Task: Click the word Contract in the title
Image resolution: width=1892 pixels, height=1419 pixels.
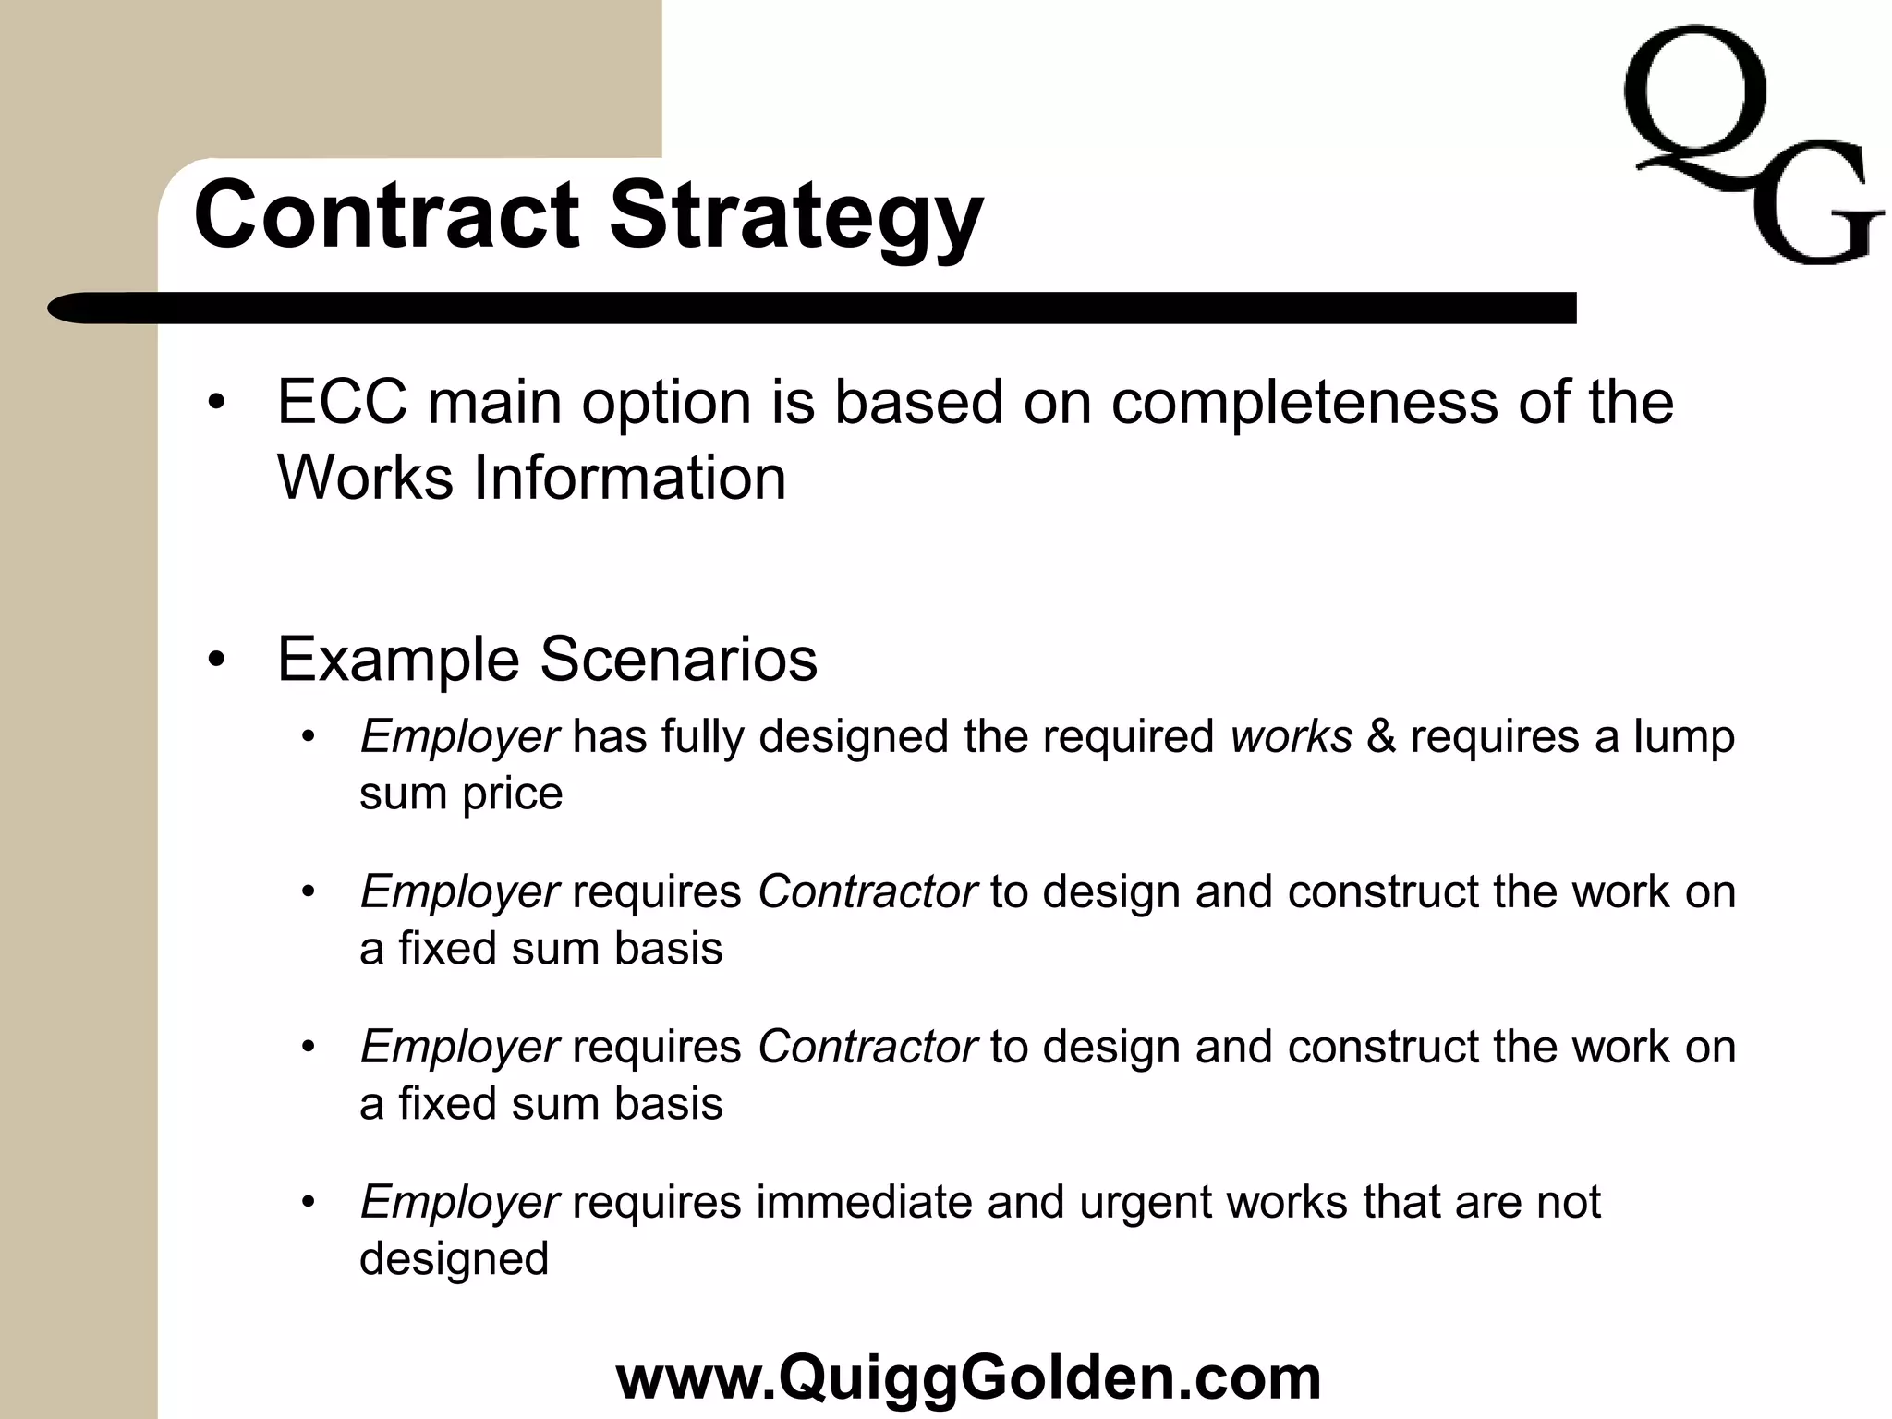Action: click(387, 214)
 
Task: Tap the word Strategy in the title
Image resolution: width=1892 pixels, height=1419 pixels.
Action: click(795, 218)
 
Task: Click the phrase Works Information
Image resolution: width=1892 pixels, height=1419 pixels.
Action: click(531, 478)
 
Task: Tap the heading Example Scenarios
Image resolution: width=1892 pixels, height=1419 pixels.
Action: click(547, 660)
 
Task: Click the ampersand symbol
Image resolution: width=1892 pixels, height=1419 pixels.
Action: click(1381, 737)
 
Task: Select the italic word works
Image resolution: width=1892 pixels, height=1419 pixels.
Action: click(1291, 737)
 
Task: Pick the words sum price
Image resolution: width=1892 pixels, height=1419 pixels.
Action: click(461, 794)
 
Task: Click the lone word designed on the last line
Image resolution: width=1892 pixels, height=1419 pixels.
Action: click(454, 1259)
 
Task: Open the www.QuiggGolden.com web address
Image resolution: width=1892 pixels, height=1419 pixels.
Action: click(968, 1377)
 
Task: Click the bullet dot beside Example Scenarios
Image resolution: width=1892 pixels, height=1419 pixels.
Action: click(216, 661)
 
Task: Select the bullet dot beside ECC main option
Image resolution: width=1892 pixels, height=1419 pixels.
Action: click(216, 404)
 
